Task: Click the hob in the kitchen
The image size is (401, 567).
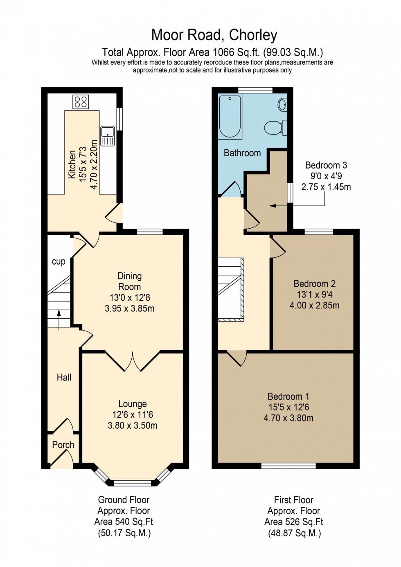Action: tap(81, 101)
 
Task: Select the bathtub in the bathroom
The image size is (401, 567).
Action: tap(230, 116)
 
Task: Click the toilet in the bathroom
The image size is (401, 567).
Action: tap(273, 128)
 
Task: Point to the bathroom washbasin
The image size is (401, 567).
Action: tap(282, 105)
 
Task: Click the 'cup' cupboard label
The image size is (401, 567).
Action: tap(59, 261)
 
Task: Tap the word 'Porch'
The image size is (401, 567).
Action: tap(63, 445)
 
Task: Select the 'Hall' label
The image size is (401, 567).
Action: tap(64, 378)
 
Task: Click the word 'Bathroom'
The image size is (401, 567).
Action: tap(242, 153)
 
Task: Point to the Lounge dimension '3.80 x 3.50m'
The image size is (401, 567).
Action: tap(133, 425)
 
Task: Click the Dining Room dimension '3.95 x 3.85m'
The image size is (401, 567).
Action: tap(130, 308)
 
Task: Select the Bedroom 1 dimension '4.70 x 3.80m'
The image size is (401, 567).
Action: tap(288, 418)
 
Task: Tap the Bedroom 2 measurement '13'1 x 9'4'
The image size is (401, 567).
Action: tap(315, 295)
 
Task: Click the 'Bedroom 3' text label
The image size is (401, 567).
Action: tap(326, 165)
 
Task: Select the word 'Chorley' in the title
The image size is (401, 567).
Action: tap(253, 35)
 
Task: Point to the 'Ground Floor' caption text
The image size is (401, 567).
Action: tap(124, 500)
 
